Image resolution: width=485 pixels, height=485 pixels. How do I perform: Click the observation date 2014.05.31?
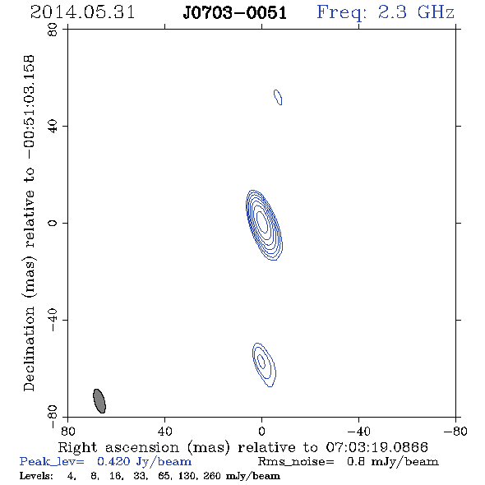[x=82, y=12]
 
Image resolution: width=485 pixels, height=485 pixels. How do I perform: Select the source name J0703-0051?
[x=234, y=13]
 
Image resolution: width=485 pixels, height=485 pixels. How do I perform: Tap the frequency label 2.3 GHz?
[x=416, y=12]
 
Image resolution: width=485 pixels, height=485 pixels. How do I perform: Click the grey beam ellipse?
[x=99, y=401]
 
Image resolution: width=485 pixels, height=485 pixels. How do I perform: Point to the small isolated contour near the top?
[x=278, y=97]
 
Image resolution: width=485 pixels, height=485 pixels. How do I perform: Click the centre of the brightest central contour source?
[x=262, y=222]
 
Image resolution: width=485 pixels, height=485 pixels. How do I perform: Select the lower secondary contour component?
[x=264, y=365]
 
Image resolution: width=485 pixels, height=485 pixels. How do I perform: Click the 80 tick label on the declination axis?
[x=53, y=30]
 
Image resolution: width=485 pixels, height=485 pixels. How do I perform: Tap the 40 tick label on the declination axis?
[x=53, y=127]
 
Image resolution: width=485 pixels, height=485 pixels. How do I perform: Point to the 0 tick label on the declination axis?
[x=53, y=223]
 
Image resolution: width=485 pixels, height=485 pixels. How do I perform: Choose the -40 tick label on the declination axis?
[x=53, y=320]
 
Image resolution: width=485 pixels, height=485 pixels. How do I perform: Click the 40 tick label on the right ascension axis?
[x=164, y=431]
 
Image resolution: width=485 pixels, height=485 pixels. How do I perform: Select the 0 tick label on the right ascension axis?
[x=261, y=431]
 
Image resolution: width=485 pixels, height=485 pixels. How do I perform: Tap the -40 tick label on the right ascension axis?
[x=358, y=431]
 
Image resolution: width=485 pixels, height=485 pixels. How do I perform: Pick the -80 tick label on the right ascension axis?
[x=455, y=431]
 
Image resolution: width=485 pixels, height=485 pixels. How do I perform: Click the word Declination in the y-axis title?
[x=29, y=349]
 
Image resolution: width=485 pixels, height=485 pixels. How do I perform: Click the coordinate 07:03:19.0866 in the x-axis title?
[x=376, y=447]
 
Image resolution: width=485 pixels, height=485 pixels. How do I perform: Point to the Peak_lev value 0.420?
[x=113, y=461]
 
